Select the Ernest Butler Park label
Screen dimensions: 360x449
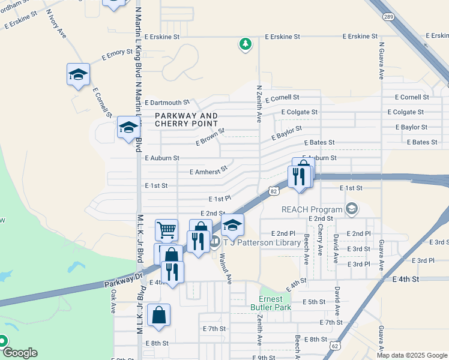(x=275, y=303)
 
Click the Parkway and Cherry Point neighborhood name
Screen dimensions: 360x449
(x=186, y=119)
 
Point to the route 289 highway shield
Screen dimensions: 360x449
(x=389, y=18)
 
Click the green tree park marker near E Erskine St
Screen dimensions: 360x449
(x=245, y=44)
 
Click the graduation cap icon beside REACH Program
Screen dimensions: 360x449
(x=352, y=209)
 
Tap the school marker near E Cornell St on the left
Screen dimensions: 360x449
(x=78, y=75)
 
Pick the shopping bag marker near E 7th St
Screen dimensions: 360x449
(x=158, y=316)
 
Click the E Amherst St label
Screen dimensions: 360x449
(x=209, y=171)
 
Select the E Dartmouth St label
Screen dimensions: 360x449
(x=167, y=103)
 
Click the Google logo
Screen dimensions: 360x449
(x=20, y=353)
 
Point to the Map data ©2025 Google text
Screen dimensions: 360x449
(x=411, y=355)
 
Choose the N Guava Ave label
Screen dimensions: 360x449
(x=381, y=61)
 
